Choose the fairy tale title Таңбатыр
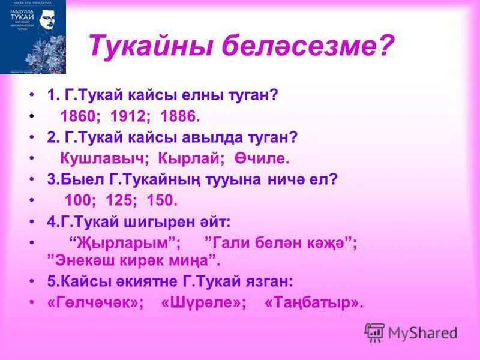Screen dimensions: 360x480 314,302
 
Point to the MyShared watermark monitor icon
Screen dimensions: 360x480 374,332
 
